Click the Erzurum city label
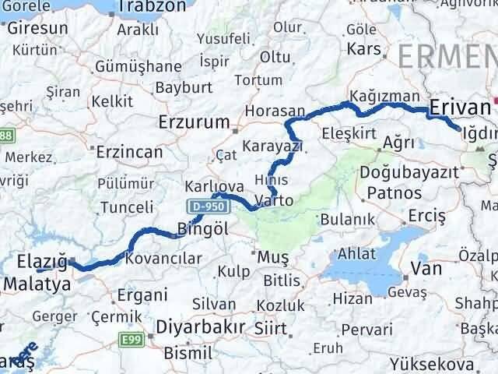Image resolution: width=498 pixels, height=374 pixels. pos(194,122)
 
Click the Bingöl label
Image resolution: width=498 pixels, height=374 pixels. pos(202,230)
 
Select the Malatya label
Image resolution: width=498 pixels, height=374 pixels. pos(36,284)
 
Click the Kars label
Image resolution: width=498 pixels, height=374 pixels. pos(364,49)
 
